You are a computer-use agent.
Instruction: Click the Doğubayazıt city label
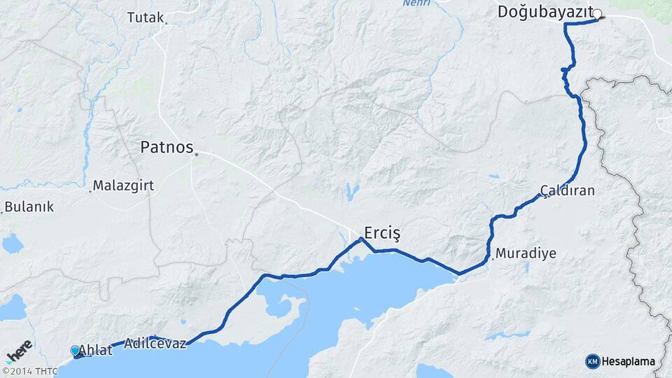pos(545,12)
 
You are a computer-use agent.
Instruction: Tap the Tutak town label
pos(145,17)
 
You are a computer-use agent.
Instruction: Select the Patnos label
pos(166,148)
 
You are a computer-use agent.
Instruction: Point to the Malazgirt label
pos(123,186)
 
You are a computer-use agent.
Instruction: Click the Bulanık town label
pos(29,207)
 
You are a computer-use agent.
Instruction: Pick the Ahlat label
pos(95,350)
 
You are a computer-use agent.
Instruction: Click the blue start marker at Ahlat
pos(76,350)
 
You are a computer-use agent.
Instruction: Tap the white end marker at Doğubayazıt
pos(597,13)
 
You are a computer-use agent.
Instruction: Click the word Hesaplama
pos(629,361)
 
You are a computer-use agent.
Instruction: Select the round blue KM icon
pos(592,361)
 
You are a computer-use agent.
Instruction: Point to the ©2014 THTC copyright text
pos(29,371)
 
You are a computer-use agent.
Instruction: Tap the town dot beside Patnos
pos(197,154)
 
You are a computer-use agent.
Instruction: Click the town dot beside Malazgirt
pos(90,190)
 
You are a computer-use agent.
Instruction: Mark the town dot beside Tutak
pos(166,23)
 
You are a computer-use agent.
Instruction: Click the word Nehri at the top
pos(417,3)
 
